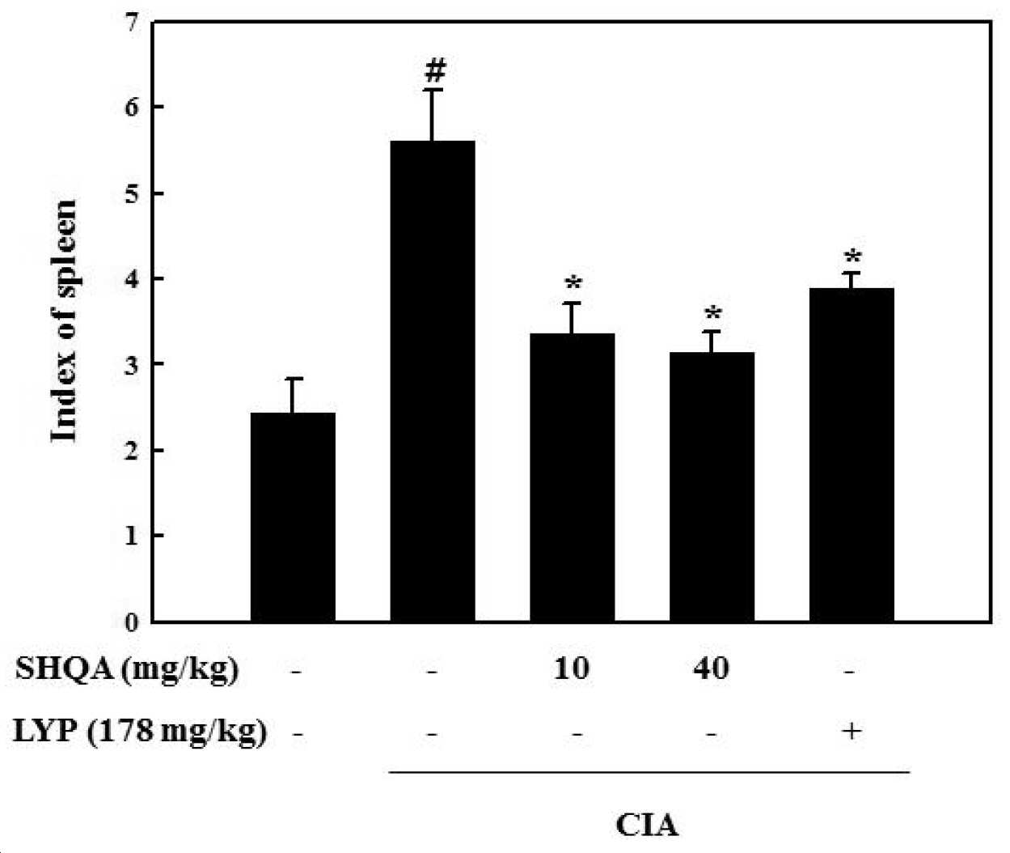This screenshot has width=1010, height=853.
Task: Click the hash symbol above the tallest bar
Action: pos(434,73)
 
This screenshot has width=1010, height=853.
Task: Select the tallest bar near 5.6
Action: pos(433,381)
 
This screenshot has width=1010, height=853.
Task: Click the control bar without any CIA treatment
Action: pos(293,517)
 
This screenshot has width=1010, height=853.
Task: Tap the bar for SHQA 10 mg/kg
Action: pos(573,477)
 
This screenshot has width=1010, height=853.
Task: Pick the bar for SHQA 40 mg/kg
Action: pos(712,487)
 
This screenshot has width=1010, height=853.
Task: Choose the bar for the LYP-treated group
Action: pos(852,455)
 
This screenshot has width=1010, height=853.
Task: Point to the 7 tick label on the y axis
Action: pos(132,22)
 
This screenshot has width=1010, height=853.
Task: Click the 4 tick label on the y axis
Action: pos(132,278)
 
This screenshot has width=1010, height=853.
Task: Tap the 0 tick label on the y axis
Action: pos(132,622)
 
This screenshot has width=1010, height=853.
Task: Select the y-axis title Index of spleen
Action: pos(64,320)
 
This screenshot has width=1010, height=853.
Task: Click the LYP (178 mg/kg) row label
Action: pos(140,732)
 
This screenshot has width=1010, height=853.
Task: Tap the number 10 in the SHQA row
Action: pos(572,669)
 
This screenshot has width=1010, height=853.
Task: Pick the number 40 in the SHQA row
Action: pos(711,669)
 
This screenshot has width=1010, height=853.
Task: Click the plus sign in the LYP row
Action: pos(852,731)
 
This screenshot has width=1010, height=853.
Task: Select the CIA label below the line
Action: pos(647,826)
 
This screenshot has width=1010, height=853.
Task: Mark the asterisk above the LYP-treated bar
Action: pos(853,257)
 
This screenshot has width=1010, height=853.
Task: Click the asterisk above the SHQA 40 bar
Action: pos(713,314)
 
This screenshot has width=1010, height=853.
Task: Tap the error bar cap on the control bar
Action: pos(292,379)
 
